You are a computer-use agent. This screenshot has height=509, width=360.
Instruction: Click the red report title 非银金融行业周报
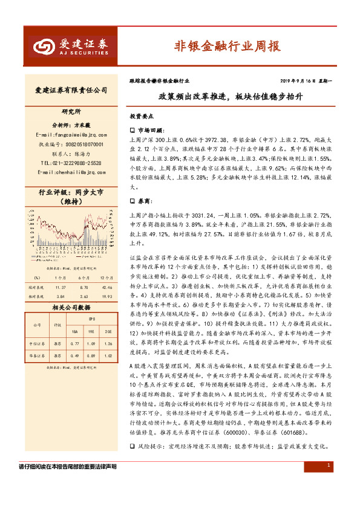(226, 45)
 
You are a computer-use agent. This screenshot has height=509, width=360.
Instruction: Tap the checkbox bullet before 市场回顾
(133, 130)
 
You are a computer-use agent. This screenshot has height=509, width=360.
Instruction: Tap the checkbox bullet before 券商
(133, 200)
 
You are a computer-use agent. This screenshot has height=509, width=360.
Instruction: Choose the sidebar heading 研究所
(71, 112)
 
